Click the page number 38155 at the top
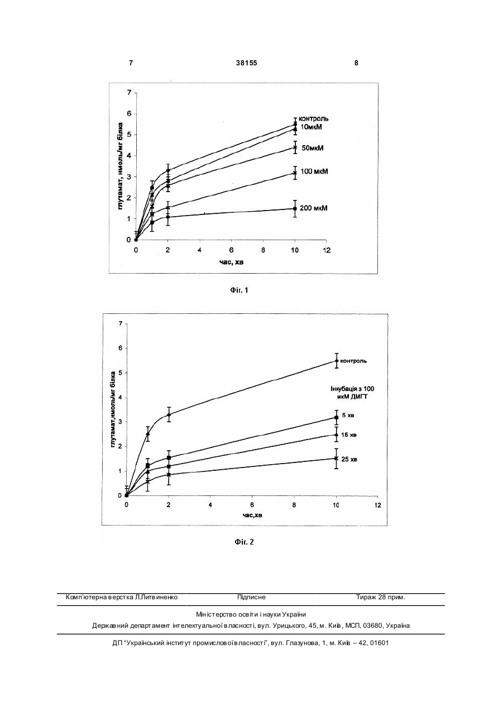pos(246,63)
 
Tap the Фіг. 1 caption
pos(239,290)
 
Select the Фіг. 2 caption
pos(244,542)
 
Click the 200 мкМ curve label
pos(314,208)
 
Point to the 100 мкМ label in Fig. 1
pos(314,171)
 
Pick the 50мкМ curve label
pos(313,148)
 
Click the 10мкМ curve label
pos(311,127)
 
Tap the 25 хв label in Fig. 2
pos(349,459)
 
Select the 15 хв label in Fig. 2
pos(349,435)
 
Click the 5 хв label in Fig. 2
pos(348,415)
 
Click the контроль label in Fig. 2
pos(353,361)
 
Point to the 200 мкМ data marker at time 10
pos(295,208)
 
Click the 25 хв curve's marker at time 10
pos(336,458)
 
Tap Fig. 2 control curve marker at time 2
pos(169,414)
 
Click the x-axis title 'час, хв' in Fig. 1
pos(232,262)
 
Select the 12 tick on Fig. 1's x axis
pos(327,250)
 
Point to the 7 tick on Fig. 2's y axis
pos(120,323)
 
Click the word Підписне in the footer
pos(251,597)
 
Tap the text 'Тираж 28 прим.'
pos(381,597)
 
